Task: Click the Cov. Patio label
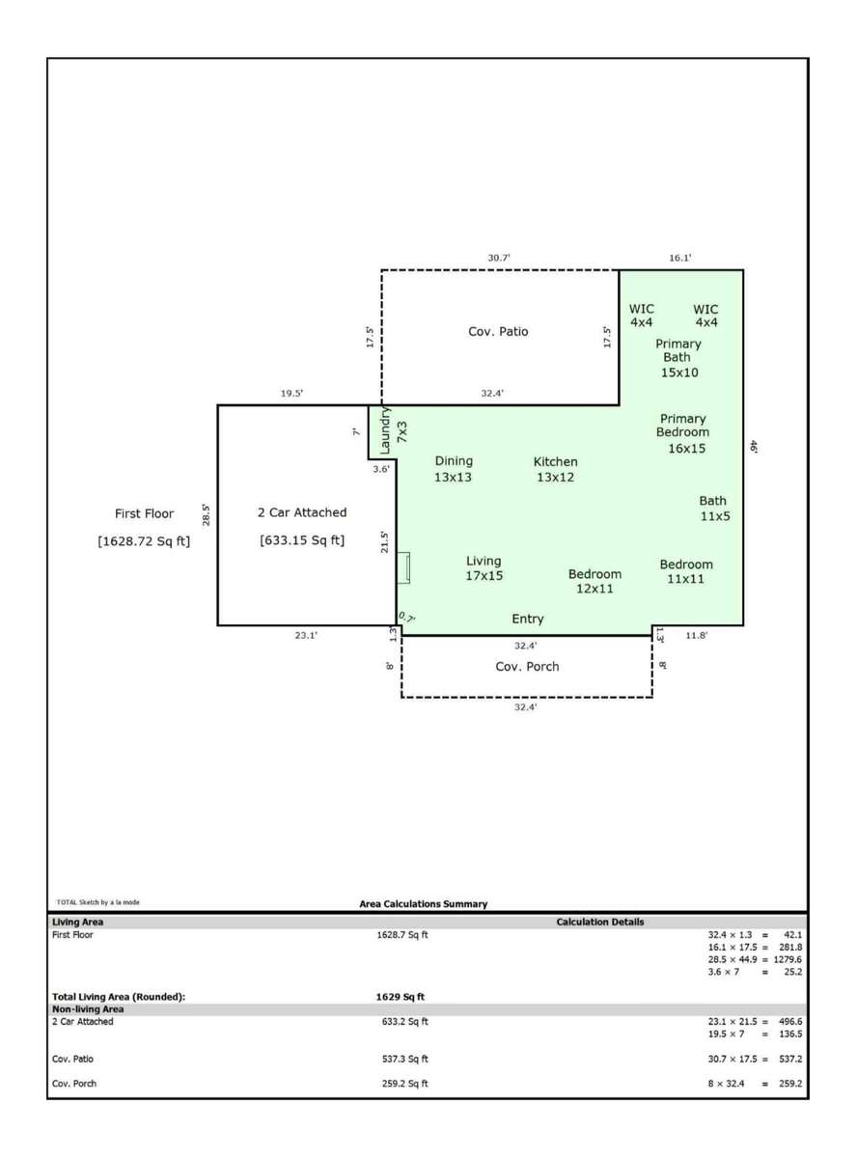coord(498,332)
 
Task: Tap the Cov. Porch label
coord(527,667)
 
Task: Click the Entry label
coord(528,620)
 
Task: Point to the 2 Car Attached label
coord(302,512)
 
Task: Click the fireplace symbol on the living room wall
coord(403,567)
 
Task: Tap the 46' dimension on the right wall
coord(754,447)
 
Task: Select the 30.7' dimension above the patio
coord(499,258)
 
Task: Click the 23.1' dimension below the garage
coord(306,635)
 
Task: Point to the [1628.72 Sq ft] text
coord(144,541)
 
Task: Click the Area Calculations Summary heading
coord(423,904)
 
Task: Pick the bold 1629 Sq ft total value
coord(401,997)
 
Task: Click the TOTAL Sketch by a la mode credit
coord(98,901)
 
